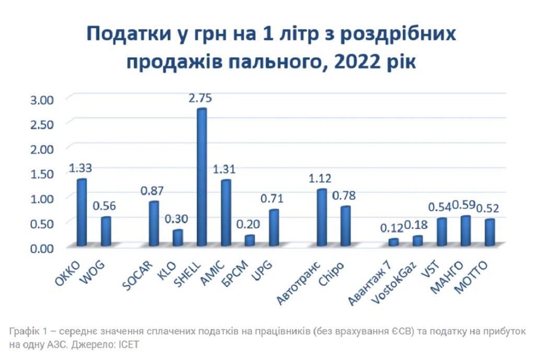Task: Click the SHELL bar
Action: (x=202, y=178)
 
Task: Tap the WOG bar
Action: (x=106, y=231)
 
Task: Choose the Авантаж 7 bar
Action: (x=393, y=242)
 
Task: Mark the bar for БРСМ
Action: (x=250, y=240)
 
